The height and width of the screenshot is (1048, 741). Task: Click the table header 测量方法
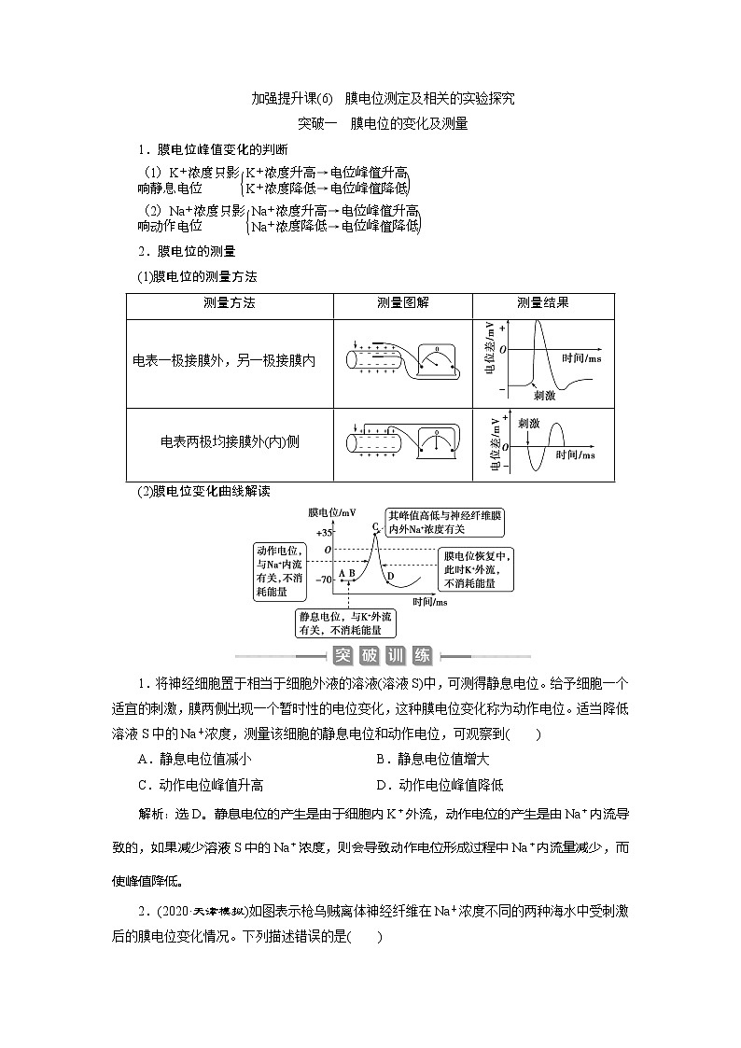tap(229, 303)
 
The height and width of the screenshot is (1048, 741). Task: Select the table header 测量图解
tap(402, 303)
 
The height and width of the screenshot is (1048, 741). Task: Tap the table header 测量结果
tap(543, 303)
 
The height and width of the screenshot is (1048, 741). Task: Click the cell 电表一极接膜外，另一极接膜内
tap(225, 360)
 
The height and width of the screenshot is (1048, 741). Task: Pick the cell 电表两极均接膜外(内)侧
tap(229, 442)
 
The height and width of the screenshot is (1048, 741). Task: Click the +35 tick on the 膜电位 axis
tap(324, 532)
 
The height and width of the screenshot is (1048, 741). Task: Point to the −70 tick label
tap(323, 580)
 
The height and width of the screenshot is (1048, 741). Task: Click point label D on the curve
tap(390, 576)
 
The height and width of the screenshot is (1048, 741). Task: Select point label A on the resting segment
tap(342, 573)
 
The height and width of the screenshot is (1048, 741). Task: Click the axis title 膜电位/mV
tap(332, 512)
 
